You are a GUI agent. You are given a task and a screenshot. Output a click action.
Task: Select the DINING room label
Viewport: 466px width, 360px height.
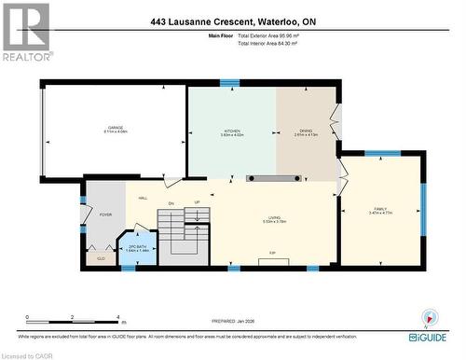[306, 131]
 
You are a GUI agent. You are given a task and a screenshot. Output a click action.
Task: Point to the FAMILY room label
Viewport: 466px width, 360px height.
[379, 209]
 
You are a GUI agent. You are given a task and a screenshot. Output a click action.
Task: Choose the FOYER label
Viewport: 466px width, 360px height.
[105, 214]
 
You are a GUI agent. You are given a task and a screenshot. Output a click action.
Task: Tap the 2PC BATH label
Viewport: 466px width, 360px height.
[137, 246]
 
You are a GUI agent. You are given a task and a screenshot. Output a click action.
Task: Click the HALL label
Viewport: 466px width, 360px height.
[144, 198]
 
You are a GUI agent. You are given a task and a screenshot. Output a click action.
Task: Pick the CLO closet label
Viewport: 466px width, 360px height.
[101, 257]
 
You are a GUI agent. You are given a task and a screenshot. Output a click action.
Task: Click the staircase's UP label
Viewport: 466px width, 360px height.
[196, 203]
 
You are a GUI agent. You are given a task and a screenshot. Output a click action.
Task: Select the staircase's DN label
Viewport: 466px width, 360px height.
[171, 203]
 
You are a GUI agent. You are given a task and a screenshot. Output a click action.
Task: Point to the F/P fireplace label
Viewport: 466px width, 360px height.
[272, 253]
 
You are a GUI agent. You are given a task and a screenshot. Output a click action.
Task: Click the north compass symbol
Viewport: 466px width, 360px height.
[429, 315]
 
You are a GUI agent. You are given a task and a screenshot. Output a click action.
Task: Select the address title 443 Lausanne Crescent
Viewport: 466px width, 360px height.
[232, 21]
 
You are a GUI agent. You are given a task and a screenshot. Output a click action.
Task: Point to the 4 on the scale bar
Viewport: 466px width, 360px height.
[116, 318]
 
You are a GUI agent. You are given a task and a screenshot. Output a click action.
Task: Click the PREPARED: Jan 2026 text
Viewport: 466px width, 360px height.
[232, 323]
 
